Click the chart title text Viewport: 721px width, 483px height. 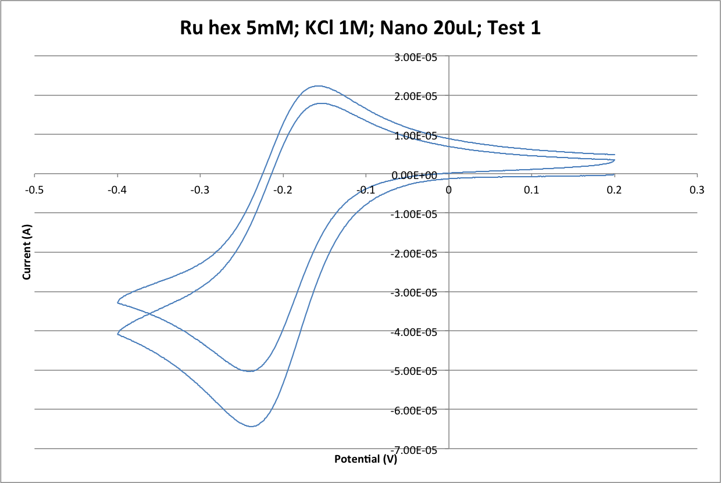tap(360, 28)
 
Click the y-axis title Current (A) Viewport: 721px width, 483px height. tap(27, 253)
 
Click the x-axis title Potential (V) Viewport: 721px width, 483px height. tap(366, 459)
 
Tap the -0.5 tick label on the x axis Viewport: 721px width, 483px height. tap(35, 189)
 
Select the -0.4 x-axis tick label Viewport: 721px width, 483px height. tap(117, 189)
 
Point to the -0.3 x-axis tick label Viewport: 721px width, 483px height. tap(200, 189)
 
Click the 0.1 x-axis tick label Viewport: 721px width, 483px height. tap(531, 189)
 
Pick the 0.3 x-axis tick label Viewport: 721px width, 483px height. tap(697, 189)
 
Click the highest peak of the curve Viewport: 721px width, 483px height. tap(317, 86)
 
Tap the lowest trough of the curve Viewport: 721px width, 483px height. tap(251, 426)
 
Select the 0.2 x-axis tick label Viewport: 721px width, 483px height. tap(614, 189)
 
